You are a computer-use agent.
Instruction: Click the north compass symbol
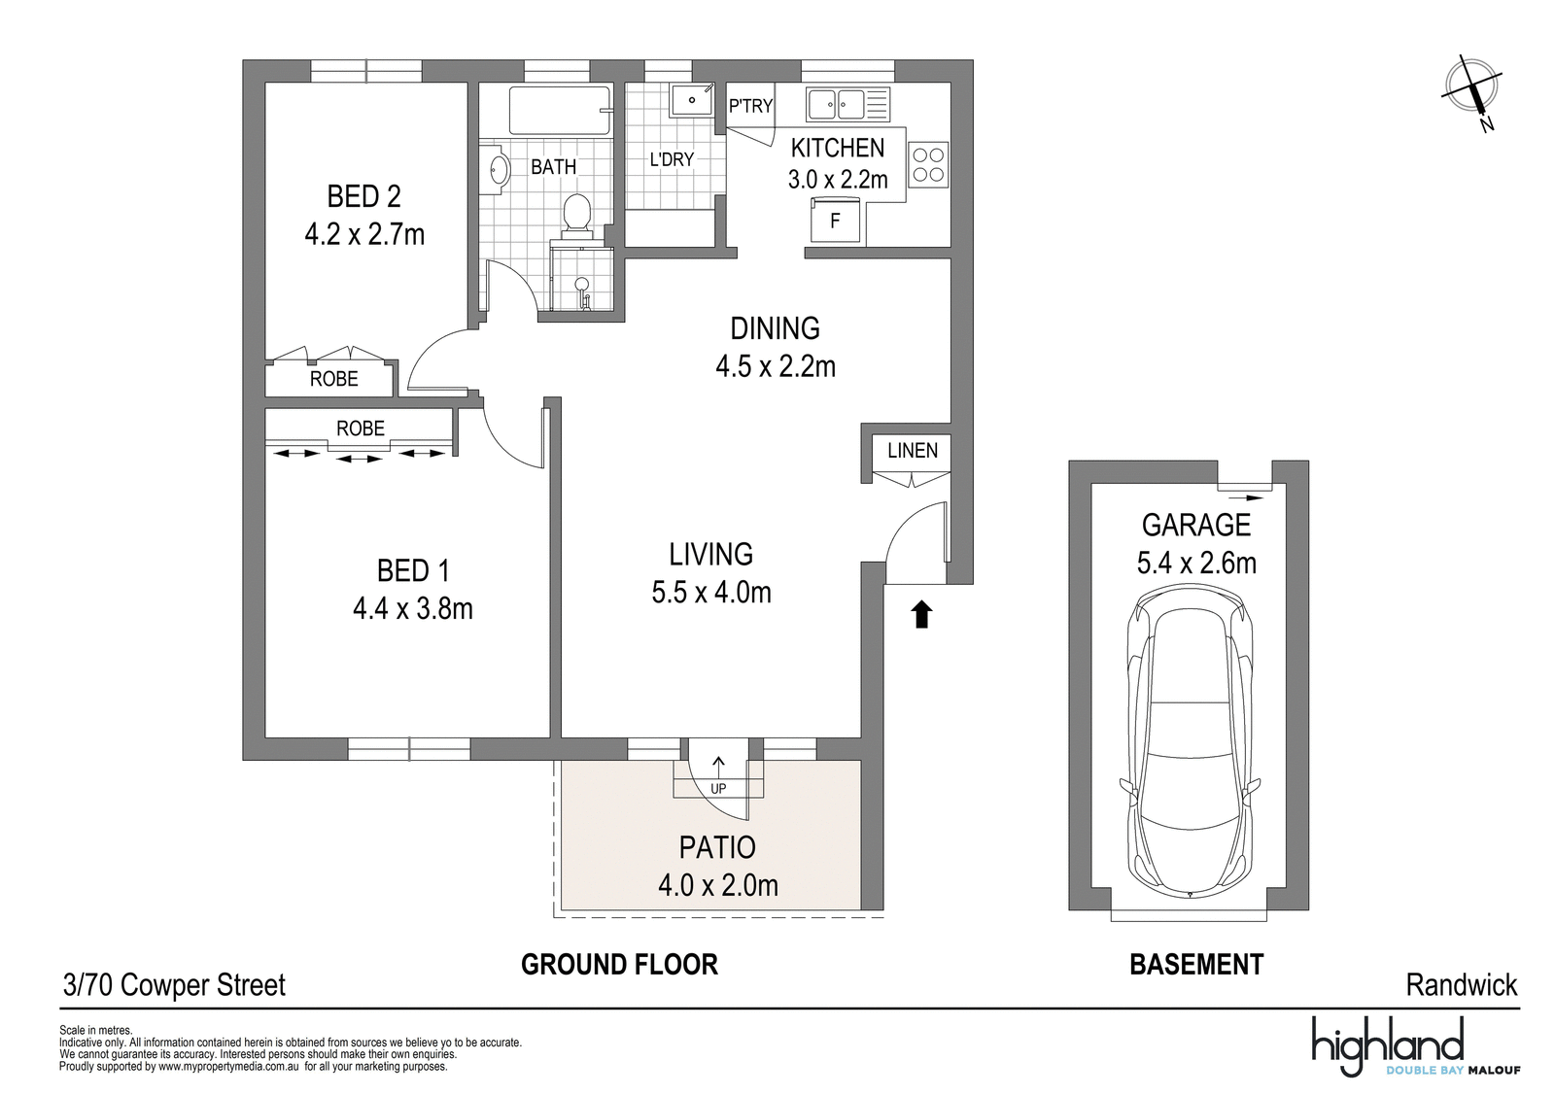point(1471,90)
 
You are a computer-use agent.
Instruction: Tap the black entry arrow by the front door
point(921,615)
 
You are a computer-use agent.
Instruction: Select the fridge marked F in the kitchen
point(835,220)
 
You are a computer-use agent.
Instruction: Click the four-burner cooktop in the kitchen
point(928,165)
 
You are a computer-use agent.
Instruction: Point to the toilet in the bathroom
point(576,212)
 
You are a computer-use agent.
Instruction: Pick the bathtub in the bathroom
point(560,110)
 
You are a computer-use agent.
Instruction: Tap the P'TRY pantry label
point(750,106)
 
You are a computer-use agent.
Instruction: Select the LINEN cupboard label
point(913,451)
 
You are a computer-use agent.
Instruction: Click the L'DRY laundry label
point(672,159)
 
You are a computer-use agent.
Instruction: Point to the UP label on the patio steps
point(718,788)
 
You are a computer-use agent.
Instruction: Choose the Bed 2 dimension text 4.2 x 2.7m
point(364,234)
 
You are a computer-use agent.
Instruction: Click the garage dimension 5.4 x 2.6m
point(1196,563)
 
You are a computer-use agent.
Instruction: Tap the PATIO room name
point(717,847)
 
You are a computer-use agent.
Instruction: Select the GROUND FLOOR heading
point(619,965)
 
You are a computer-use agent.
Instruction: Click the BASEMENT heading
point(1196,965)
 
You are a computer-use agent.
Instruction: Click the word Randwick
point(1462,985)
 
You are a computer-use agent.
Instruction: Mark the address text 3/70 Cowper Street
point(174,985)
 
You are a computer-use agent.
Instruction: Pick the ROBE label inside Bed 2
point(334,379)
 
